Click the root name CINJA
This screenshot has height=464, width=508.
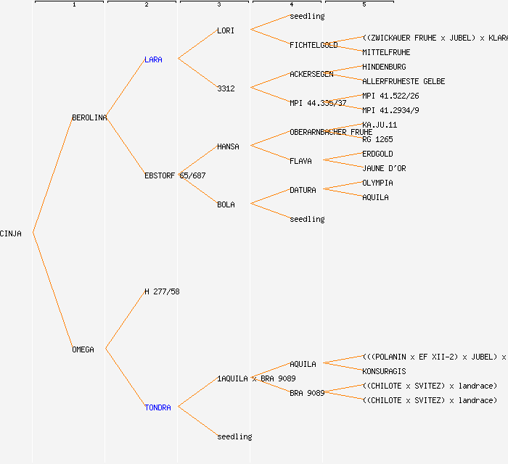pyautogui.click(x=11, y=233)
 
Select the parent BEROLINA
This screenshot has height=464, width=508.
pyautogui.click(x=89, y=117)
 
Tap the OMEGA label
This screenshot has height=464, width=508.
pyautogui.click(x=83, y=349)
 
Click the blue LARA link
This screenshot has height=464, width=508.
pyautogui.click(x=153, y=59)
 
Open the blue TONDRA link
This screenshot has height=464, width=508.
pyautogui.click(x=157, y=407)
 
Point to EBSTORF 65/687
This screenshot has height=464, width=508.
pyautogui.click(x=175, y=175)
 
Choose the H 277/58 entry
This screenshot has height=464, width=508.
pyautogui.click(x=162, y=291)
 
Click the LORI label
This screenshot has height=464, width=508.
pyautogui.click(x=226, y=30)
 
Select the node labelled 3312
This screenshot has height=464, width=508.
pyautogui.click(x=226, y=88)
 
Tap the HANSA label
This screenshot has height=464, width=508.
pyautogui.click(x=228, y=146)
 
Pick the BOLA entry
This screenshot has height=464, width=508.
pyautogui.click(x=226, y=204)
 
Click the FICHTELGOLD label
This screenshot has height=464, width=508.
pyautogui.click(x=314, y=45)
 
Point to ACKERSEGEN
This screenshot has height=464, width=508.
pyautogui.click(x=311, y=74)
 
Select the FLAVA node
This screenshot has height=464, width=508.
pyautogui.click(x=300, y=161)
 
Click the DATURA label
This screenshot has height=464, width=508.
pyautogui.click(x=303, y=190)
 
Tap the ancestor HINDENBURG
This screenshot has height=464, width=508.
pyautogui.click(x=384, y=67)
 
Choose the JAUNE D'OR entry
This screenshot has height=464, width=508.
pyautogui.click(x=384, y=168)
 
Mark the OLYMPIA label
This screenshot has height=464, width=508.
pyautogui.click(x=377, y=183)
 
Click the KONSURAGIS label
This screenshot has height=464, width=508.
pyautogui.click(x=384, y=371)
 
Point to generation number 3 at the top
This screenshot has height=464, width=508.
pyautogui.click(x=218, y=5)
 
